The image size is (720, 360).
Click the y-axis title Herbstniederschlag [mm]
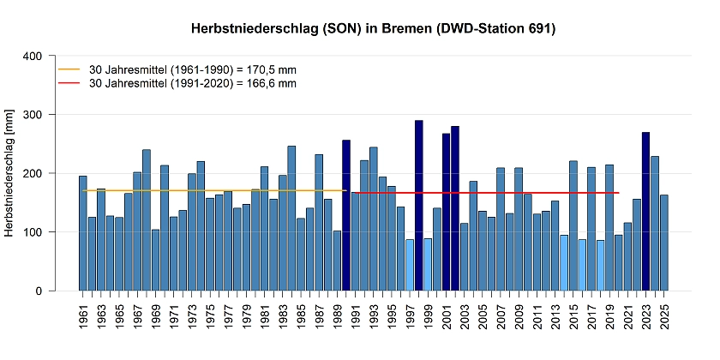(9, 172)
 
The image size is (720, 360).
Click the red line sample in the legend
(68, 83)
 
